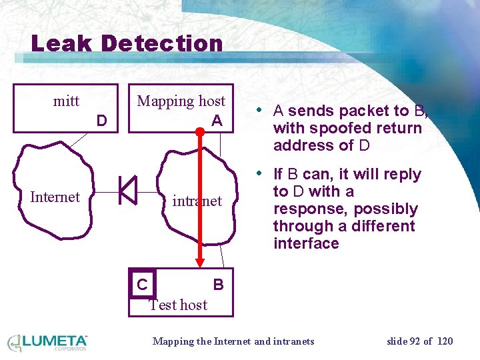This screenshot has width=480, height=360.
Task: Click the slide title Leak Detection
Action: coord(127,44)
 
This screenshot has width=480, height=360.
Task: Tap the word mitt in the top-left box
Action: coord(66,101)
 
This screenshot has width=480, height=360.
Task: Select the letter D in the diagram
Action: coord(101,121)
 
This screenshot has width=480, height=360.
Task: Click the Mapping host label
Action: coord(181,101)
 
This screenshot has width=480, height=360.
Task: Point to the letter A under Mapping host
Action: coord(217,121)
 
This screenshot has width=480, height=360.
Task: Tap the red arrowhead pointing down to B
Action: coord(199,262)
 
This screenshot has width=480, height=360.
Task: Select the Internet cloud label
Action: coord(55,197)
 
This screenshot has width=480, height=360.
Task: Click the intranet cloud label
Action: coord(197,201)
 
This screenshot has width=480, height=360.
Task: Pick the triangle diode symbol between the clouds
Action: coord(127,190)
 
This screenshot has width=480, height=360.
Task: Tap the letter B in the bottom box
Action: coord(218,285)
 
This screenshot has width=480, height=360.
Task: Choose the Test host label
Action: coord(178,305)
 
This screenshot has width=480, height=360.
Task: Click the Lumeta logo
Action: coord(47,343)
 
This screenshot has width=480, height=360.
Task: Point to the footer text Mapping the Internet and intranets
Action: coord(233,341)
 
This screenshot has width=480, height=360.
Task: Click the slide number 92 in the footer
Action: coord(415,341)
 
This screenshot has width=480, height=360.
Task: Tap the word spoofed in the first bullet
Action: coord(333,128)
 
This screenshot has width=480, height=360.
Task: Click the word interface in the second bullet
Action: coord(306,243)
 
